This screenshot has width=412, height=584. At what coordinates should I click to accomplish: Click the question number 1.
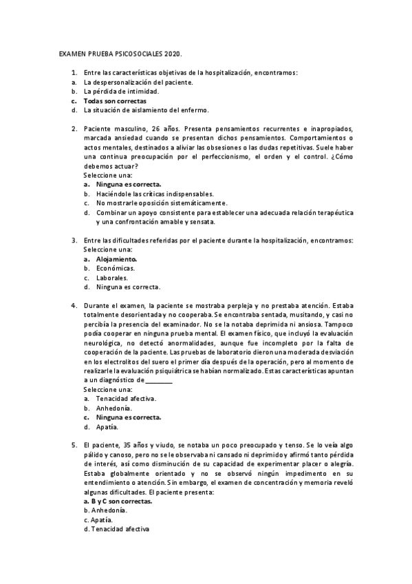coord(74,72)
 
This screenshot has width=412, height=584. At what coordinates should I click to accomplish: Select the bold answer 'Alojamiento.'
coord(117,259)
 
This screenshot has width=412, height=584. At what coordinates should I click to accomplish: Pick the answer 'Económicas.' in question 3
coord(116,269)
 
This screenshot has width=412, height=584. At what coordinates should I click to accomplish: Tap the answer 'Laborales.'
coord(112,278)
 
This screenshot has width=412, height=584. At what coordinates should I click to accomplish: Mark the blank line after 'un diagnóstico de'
coord(160,380)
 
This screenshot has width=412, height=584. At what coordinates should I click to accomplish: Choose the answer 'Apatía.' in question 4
coord(107,426)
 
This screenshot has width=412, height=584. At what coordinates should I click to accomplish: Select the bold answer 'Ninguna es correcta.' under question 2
coord(129,185)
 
